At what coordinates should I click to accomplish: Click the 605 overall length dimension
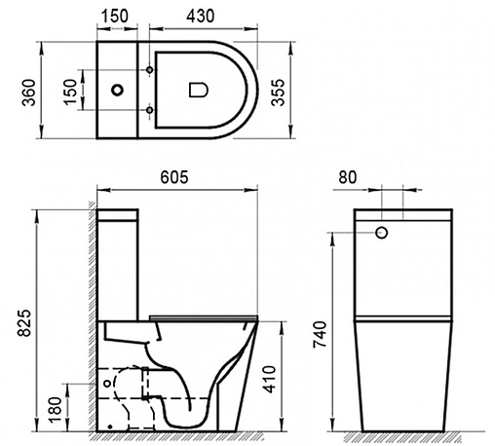(x=174, y=177)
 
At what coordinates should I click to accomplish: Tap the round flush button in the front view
(x=382, y=233)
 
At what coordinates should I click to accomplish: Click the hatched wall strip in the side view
(x=91, y=321)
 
